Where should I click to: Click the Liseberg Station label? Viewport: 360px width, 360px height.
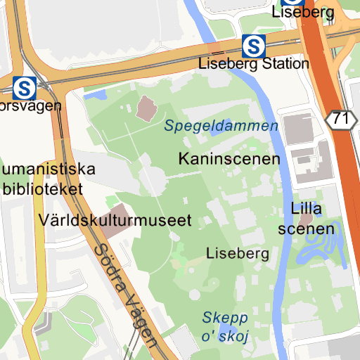pos(254,63)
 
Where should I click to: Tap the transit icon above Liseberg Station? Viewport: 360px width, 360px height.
pos(253,46)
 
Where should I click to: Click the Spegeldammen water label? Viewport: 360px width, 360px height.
pos(221,127)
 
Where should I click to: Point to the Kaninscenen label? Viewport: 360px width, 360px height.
pos(229,159)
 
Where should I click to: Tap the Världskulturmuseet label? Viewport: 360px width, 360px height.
pos(116,220)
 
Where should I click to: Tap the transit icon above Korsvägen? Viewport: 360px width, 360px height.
pos(25,88)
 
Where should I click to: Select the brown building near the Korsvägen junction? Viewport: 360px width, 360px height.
pos(148,108)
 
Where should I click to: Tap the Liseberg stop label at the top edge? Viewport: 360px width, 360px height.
pos(302,12)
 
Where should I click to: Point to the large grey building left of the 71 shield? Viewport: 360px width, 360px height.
pos(298,129)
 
